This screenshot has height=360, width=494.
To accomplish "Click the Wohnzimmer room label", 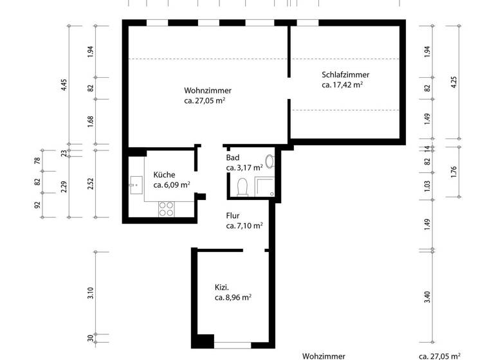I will (207, 91).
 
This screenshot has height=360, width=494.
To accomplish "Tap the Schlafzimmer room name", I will (345, 75).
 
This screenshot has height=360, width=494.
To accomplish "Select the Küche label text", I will (164, 174).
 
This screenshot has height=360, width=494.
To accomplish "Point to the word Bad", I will (233, 157).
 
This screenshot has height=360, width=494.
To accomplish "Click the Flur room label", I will (233, 216).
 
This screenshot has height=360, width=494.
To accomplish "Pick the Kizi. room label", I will (223, 287).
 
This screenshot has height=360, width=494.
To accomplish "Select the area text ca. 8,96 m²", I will (233, 298).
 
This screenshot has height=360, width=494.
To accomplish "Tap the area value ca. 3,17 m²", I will (244, 168).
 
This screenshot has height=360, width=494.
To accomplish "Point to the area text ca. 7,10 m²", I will (244, 226).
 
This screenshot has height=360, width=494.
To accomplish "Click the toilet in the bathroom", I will (242, 187).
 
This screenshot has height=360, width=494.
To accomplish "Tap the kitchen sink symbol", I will (135, 185).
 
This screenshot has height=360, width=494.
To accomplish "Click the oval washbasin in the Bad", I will (270, 161).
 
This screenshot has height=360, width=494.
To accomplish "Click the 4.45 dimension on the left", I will (63, 85).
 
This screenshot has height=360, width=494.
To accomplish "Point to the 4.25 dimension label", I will (454, 82).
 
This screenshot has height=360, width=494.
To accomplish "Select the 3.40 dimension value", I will (428, 296).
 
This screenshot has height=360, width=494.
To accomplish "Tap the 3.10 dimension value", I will (90, 293).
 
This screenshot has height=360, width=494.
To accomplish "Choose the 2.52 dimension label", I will (90, 184).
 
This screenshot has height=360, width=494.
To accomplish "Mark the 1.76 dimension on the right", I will (454, 172).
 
